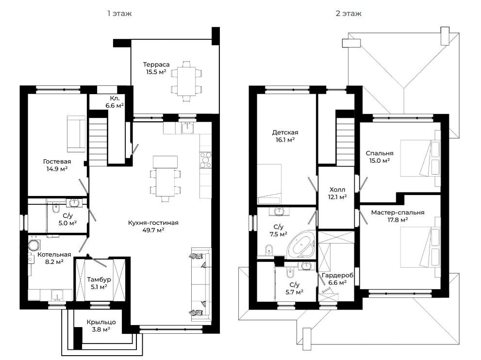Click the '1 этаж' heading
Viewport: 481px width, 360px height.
[x=119, y=14]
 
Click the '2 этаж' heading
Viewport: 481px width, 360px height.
[x=348, y=14]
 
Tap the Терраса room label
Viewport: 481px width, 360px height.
[x=156, y=65]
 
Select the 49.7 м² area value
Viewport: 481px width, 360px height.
[x=153, y=230]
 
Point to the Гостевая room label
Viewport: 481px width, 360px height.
[x=57, y=161]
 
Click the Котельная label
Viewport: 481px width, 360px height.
[x=54, y=255]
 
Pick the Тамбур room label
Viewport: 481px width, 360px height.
[x=99, y=279]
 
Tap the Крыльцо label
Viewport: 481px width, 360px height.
[x=101, y=322]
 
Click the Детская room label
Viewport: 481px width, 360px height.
[x=285, y=132]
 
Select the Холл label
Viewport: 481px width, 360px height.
[x=337, y=190]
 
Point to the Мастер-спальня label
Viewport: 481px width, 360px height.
[x=398, y=213]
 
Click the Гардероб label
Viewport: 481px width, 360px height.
[x=337, y=276]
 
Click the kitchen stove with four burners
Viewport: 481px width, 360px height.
[x=205, y=160]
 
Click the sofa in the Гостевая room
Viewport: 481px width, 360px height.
[x=76, y=134]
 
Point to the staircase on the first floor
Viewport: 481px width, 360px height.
[x=98, y=142]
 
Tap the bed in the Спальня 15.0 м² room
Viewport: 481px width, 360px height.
[x=420, y=158]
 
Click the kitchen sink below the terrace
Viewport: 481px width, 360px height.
[x=187, y=128]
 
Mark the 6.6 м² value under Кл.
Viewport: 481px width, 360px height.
[x=115, y=106]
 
